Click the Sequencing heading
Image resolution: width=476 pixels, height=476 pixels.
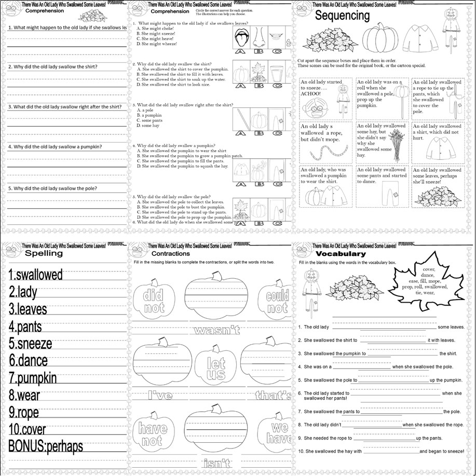[343, 16]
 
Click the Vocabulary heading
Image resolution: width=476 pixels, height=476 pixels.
[340, 254]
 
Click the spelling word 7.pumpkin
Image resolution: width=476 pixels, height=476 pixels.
[33, 378]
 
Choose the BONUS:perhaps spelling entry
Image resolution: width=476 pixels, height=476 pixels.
[46, 446]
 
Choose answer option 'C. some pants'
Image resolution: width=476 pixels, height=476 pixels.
[152, 120]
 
